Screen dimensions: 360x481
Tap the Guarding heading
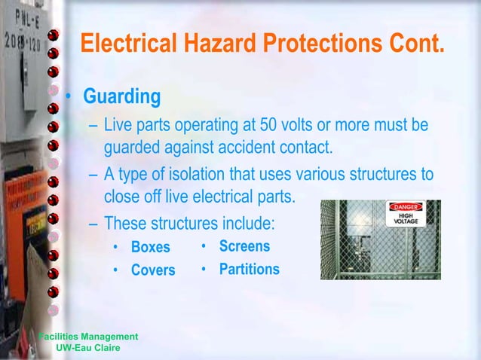coord(121,97)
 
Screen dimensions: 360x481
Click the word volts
coord(301,124)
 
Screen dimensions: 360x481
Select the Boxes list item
coord(151,247)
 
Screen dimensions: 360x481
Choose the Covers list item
coord(153,270)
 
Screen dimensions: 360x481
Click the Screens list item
coord(244,246)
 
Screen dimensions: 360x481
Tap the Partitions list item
coord(249,269)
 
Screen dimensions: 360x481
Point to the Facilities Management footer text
coord(88,336)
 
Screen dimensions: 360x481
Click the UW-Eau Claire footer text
coord(88,347)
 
